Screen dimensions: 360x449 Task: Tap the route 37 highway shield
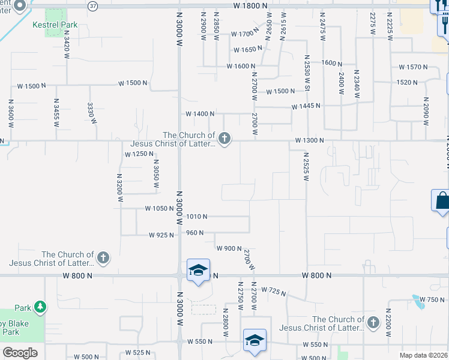[92, 6]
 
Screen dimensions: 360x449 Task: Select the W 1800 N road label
[249, 5]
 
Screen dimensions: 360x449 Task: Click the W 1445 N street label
[306, 106]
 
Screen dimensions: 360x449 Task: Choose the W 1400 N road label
[200, 113]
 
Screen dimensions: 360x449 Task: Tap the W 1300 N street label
[309, 140]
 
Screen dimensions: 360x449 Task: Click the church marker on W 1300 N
[224, 140]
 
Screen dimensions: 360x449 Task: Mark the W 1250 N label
[135, 154]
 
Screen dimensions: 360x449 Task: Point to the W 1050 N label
[158, 209]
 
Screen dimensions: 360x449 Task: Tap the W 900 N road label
[229, 248]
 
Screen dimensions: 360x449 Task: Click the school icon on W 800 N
[198, 270]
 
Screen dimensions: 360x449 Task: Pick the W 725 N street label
[273, 292]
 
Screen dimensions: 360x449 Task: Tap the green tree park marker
[40, 308]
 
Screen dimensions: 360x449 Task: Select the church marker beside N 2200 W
[373, 323]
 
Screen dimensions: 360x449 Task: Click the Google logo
[20, 353]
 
